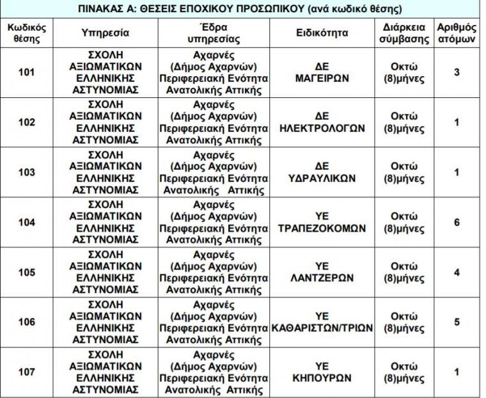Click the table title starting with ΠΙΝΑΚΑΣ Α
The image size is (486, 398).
click(x=240, y=9)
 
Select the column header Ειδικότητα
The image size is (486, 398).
click(x=322, y=33)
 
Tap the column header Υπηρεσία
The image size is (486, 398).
click(x=106, y=33)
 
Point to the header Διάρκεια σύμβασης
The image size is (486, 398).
click(x=404, y=33)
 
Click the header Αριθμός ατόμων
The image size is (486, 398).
click(x=457, y=33)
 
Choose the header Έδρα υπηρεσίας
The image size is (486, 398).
click(x=214, y=33)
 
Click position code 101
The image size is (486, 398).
click(x=27, y=72)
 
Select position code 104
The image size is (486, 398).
click(x=27, y=223)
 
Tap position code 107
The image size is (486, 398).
click(x=27, y=372)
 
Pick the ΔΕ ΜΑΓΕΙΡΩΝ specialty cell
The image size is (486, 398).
click(x=322, y=72)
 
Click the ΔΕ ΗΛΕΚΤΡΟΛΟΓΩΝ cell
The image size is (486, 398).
click(x=322, y=122)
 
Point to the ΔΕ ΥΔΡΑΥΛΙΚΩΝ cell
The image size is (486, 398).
click(x=322, y=173)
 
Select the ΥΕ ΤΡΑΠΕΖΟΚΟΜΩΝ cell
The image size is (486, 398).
click(x=322, y=223)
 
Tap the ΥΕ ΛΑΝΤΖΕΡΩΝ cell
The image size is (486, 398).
click(x=322, y=273)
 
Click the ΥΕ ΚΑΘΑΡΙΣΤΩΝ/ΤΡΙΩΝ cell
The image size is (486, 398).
click(x=322, y=322)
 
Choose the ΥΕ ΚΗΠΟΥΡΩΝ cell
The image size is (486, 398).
click(x=322, y=372)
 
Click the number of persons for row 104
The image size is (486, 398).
click(x=457, y=223)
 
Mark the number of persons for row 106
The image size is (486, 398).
click(x=457, y=322)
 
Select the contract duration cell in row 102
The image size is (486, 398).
click(x=404, y=122)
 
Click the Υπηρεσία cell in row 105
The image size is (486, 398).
click(x=106, y=273)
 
